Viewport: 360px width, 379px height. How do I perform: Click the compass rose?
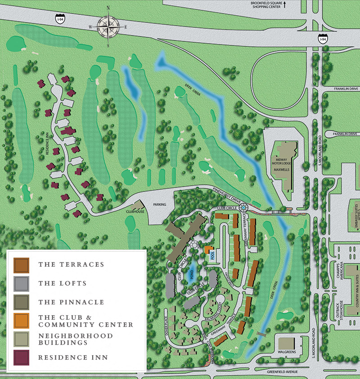click(x=108, y=27)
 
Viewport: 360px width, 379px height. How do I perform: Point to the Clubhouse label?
click(x=135, y=211)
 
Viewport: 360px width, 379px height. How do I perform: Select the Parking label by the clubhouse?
click(x=159, y=205)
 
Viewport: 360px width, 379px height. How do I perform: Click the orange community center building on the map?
click(x=207, y=250)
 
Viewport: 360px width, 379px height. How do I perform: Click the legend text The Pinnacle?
click(x=71, y=302)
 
